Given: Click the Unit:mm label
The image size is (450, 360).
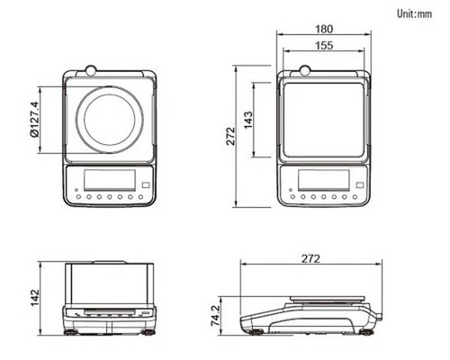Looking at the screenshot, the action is pos(414,13).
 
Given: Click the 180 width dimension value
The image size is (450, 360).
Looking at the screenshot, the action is pos(324,29).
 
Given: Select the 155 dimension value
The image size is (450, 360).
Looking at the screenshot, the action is pos(324,46).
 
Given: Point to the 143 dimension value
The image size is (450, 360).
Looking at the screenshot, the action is pos(248,120).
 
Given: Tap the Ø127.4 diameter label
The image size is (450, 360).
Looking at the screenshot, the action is pos(34,119).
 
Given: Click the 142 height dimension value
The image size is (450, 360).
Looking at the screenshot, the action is pos(35,298).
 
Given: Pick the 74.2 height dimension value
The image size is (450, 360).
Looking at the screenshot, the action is pos(216,316).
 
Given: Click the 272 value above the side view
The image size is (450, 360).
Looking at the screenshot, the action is pos(311,258).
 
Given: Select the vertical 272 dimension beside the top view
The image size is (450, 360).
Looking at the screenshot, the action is pos(230,136).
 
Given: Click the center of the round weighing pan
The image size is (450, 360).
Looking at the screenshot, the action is pos(110,120).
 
